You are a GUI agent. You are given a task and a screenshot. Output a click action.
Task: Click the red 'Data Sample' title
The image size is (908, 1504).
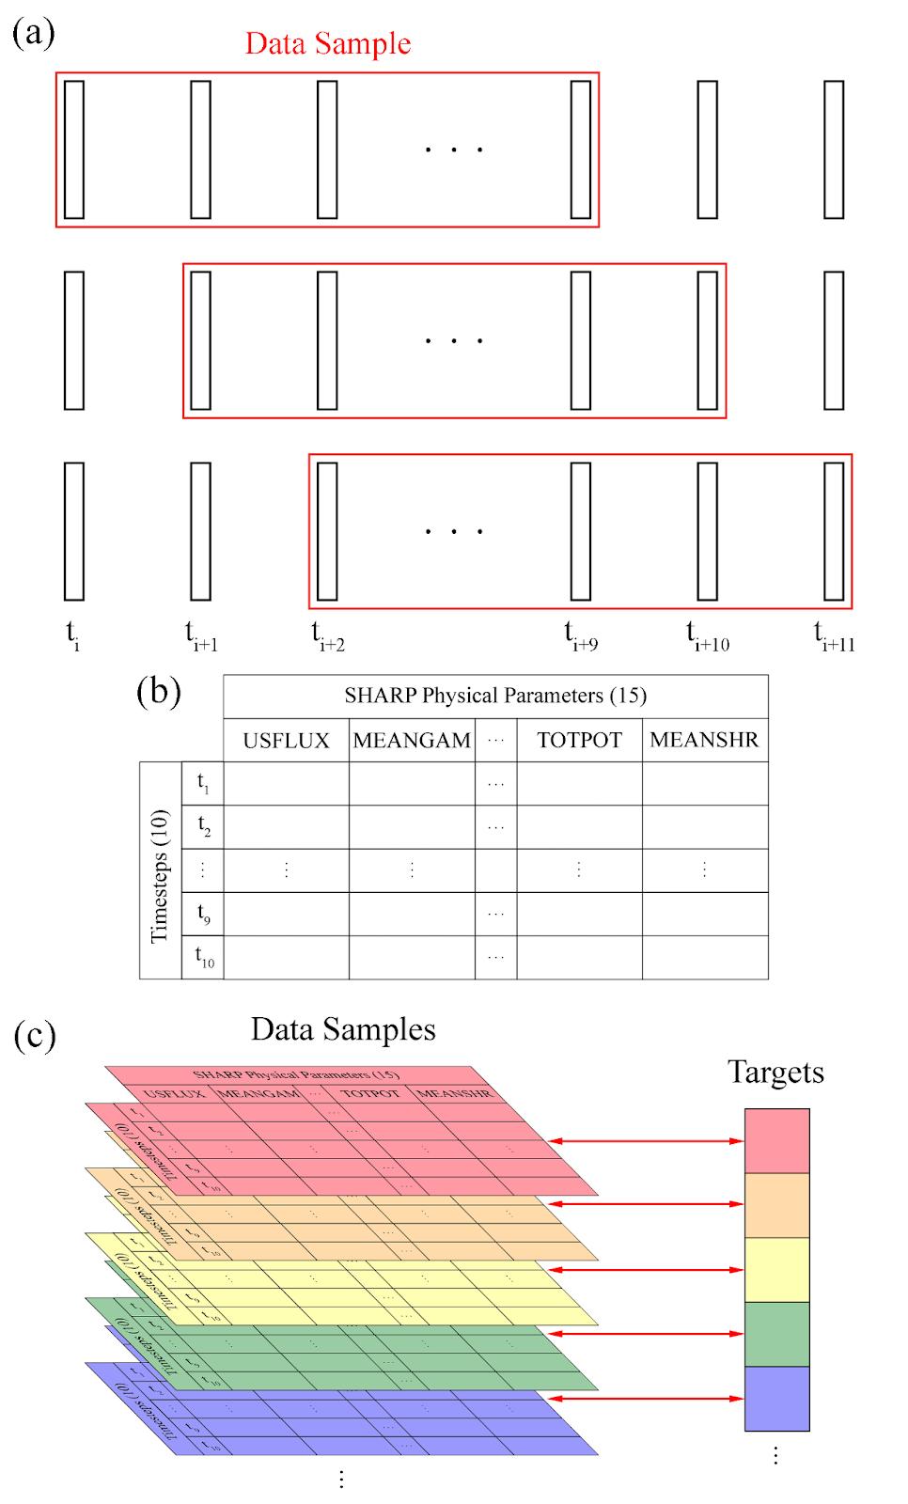pos(327,44)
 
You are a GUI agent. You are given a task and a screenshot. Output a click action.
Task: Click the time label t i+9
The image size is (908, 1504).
pos(580,636)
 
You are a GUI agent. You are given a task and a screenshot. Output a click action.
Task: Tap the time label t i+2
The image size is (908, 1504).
pos(327,636)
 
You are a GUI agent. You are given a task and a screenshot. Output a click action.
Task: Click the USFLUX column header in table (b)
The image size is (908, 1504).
pos(286,741)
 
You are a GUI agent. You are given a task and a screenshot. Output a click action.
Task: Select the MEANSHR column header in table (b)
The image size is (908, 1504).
pos(704,740)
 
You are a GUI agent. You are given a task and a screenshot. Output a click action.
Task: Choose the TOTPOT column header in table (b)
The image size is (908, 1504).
pos(579,741)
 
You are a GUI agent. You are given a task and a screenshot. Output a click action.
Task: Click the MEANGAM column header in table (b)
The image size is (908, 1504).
pos(412,741)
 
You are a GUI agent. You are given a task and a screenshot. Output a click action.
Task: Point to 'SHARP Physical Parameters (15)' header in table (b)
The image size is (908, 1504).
pos(494,696)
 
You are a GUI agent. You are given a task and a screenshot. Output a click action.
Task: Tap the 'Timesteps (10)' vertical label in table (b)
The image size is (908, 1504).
pos(160,869)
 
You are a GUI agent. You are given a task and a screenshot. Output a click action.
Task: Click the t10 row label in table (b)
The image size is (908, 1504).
pos(204,957)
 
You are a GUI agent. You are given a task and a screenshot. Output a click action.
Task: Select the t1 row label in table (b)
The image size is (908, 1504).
pos(203,782)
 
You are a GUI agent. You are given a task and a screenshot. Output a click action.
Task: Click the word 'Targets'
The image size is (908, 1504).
pos(775,1073)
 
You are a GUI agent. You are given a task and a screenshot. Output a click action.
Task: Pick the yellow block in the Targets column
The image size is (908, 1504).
pos(776,1270)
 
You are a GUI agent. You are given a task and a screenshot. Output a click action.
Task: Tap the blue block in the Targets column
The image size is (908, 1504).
pos(776,1399)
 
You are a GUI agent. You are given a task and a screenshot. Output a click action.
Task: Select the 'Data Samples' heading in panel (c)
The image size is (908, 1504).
pos(343,1029)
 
